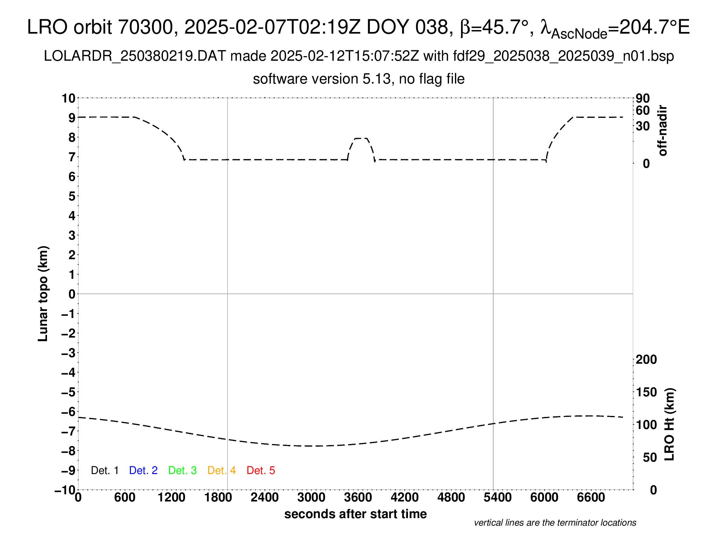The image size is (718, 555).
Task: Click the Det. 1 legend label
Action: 104,470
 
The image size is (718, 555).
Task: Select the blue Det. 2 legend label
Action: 143,470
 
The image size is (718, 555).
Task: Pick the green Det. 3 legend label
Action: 182,470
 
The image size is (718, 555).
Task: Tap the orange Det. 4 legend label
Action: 222,470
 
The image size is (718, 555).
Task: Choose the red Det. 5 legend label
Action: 261,470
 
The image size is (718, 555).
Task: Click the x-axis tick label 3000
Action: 311,498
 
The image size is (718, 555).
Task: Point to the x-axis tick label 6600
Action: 591,498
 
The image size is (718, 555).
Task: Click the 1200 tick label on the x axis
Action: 171,498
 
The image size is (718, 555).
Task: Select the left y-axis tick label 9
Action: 72,118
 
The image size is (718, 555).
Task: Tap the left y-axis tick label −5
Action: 69,392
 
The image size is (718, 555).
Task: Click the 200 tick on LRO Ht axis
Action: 646,360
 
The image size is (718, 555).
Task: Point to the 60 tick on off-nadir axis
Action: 643,110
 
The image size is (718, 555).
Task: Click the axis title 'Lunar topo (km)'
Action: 43,293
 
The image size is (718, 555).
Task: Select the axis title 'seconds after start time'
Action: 355,514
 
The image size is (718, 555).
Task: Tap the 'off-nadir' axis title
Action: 663,131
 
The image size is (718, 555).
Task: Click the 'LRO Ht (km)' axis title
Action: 669,424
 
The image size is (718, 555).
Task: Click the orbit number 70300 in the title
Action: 145,27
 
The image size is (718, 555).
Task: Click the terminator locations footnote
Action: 555,523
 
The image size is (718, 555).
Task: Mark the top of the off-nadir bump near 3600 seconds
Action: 361,138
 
